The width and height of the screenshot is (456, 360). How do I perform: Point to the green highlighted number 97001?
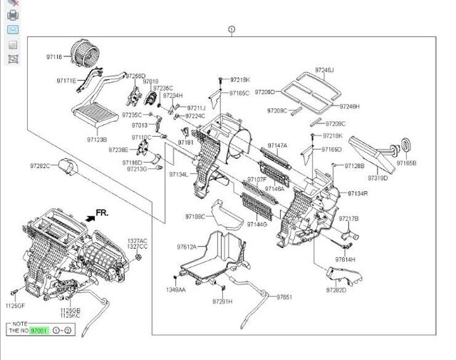click(x=39, y=331)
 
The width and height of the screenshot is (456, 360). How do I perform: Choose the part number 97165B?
click(x=407, y=163)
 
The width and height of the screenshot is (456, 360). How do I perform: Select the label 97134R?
click(x=358, y=193)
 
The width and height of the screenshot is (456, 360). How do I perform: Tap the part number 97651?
click(x=284, y=297)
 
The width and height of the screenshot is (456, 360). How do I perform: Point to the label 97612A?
click(x=187, y=247)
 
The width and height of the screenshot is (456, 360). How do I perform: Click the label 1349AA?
click(x=175, y=290)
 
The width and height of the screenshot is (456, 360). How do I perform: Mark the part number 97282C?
click(x=39, y=165)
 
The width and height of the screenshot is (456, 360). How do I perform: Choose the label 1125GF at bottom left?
click(x=16, y=305)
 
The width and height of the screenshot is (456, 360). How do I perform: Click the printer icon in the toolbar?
click(x=13, y=15)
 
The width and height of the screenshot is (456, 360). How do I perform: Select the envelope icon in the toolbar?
click(x=13, y=30)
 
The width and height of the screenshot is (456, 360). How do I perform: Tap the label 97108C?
click(x=195, y=216)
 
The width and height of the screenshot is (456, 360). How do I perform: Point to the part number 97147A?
click(x=277, y=145)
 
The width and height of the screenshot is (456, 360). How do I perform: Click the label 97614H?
click(x=346, y=259)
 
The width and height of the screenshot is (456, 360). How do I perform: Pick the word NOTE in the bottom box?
click(x=19, y=323)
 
